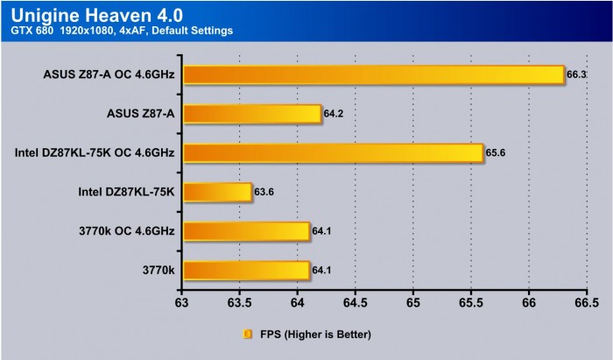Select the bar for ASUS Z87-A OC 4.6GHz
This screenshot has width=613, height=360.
(x=373, y=74)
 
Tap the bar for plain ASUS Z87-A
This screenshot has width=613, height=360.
(x=252, y=114)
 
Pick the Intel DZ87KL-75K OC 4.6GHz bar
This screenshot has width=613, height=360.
(x=333, y=153)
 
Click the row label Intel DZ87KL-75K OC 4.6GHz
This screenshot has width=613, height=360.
(x=95, y=153)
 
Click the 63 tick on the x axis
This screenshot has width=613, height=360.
(x=182, y=304)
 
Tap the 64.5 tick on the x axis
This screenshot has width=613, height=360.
(x=355, y=304)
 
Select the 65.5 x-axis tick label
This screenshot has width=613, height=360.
(x=470, y=304)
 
